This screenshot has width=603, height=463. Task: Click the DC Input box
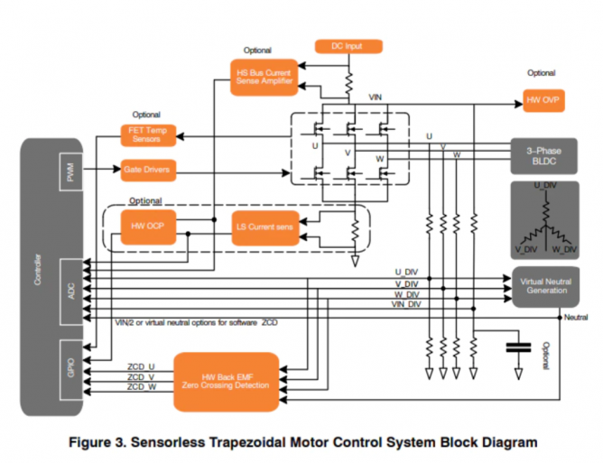pos(348,46)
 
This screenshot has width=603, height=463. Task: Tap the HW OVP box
pos(543,102)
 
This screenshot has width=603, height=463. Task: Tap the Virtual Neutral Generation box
pos(544,285)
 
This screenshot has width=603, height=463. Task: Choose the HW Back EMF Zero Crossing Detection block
pos(227,377)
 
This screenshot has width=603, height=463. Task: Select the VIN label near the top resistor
pos(376,97)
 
